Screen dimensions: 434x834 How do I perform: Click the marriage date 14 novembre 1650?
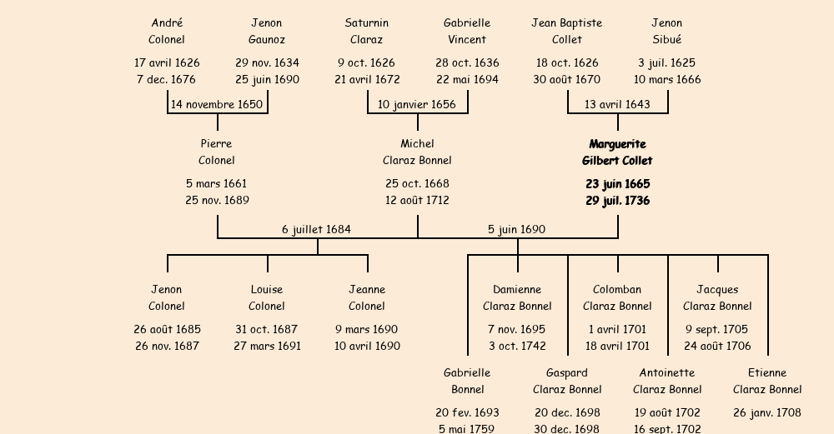click(217, 105)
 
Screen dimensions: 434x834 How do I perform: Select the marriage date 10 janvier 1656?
click(417, 105)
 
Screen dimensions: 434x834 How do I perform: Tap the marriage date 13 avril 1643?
click(617, 105)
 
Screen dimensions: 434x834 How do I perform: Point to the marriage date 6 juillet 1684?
click(316, 230)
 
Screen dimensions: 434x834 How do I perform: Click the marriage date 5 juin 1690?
click(516, 230)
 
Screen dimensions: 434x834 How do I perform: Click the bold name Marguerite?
click(617, 145)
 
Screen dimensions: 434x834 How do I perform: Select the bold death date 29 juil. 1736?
click(617, 201)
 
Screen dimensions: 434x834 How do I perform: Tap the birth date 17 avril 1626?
click(167, 63)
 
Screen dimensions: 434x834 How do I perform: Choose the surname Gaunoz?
click(267, 40)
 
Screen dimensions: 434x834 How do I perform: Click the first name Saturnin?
click(367, 23)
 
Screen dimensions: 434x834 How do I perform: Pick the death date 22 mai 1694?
click(467, 80)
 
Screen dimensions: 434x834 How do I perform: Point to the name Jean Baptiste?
click(567, 23)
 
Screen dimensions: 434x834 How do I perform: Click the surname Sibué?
click(667, 40)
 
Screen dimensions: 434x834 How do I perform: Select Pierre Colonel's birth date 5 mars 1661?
click(217, 184)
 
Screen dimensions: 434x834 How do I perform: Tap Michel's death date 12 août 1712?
click(417, 201)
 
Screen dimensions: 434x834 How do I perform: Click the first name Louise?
click(267, 290)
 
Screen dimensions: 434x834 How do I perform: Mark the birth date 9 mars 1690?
click(367, 330)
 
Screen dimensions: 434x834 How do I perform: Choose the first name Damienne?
click(517, 290)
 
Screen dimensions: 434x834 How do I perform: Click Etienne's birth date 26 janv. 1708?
click(767, 413)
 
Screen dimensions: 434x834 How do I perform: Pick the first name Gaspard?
click(567, 373)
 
